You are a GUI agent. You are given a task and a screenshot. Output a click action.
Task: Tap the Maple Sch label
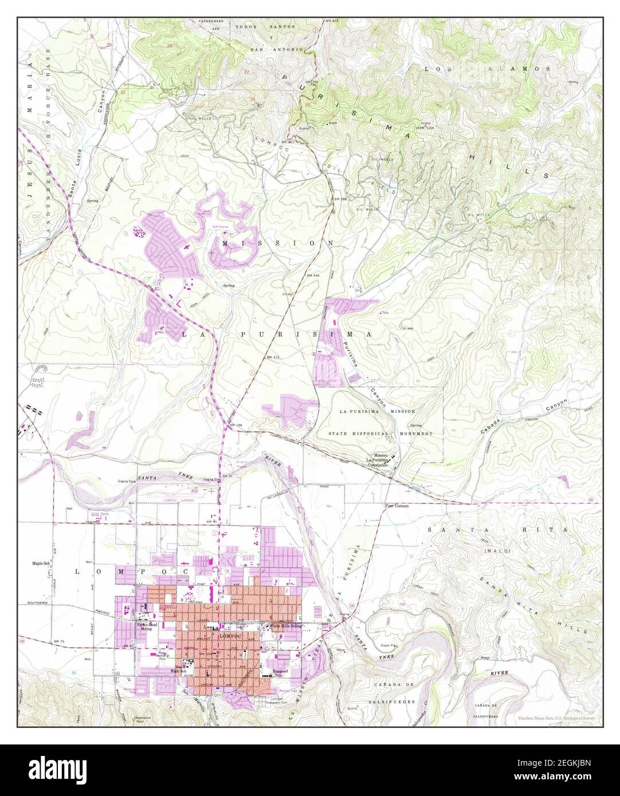coord(42,564)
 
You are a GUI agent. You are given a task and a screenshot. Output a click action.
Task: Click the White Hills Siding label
coord(285,626)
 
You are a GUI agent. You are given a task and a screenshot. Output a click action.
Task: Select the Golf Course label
coord(218,227)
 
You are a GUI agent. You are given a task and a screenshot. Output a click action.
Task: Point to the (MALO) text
coord(496,551)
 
